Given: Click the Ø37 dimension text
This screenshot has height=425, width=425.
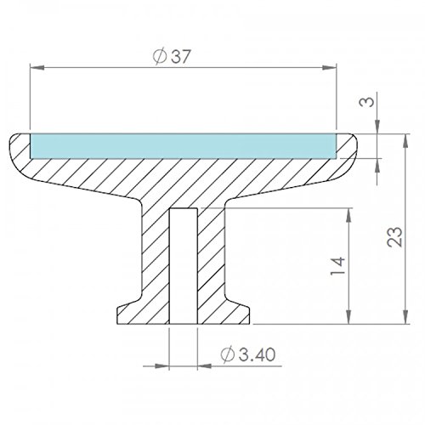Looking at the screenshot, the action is [x=171, y=57].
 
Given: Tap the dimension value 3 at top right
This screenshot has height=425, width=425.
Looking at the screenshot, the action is [x=367, y=102].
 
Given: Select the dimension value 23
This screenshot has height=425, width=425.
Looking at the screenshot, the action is [x=394, y=236].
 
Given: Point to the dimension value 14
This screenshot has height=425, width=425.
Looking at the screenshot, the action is [x=338, y=266].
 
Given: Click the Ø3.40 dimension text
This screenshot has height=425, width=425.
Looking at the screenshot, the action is [x=248, y=354].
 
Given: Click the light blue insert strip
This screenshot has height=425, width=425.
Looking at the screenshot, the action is [x=183, y=145].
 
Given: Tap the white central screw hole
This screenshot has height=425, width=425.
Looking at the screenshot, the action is [x=183, y=266].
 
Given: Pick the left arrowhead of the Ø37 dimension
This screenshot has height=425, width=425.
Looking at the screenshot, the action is [x=37, y=67].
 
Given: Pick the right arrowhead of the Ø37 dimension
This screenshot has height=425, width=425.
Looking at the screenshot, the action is [x=329, y=67].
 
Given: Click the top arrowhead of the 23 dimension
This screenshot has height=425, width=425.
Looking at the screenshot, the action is [x=406, y=141].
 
